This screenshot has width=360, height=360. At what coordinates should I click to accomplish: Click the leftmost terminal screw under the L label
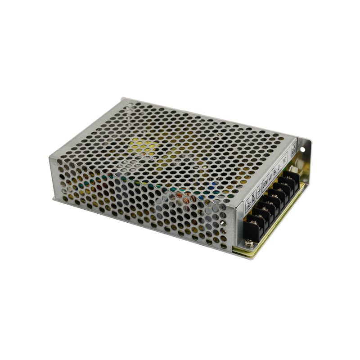pos(251,221)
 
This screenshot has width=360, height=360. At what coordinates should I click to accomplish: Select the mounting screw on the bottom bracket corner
pos(250,244)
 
